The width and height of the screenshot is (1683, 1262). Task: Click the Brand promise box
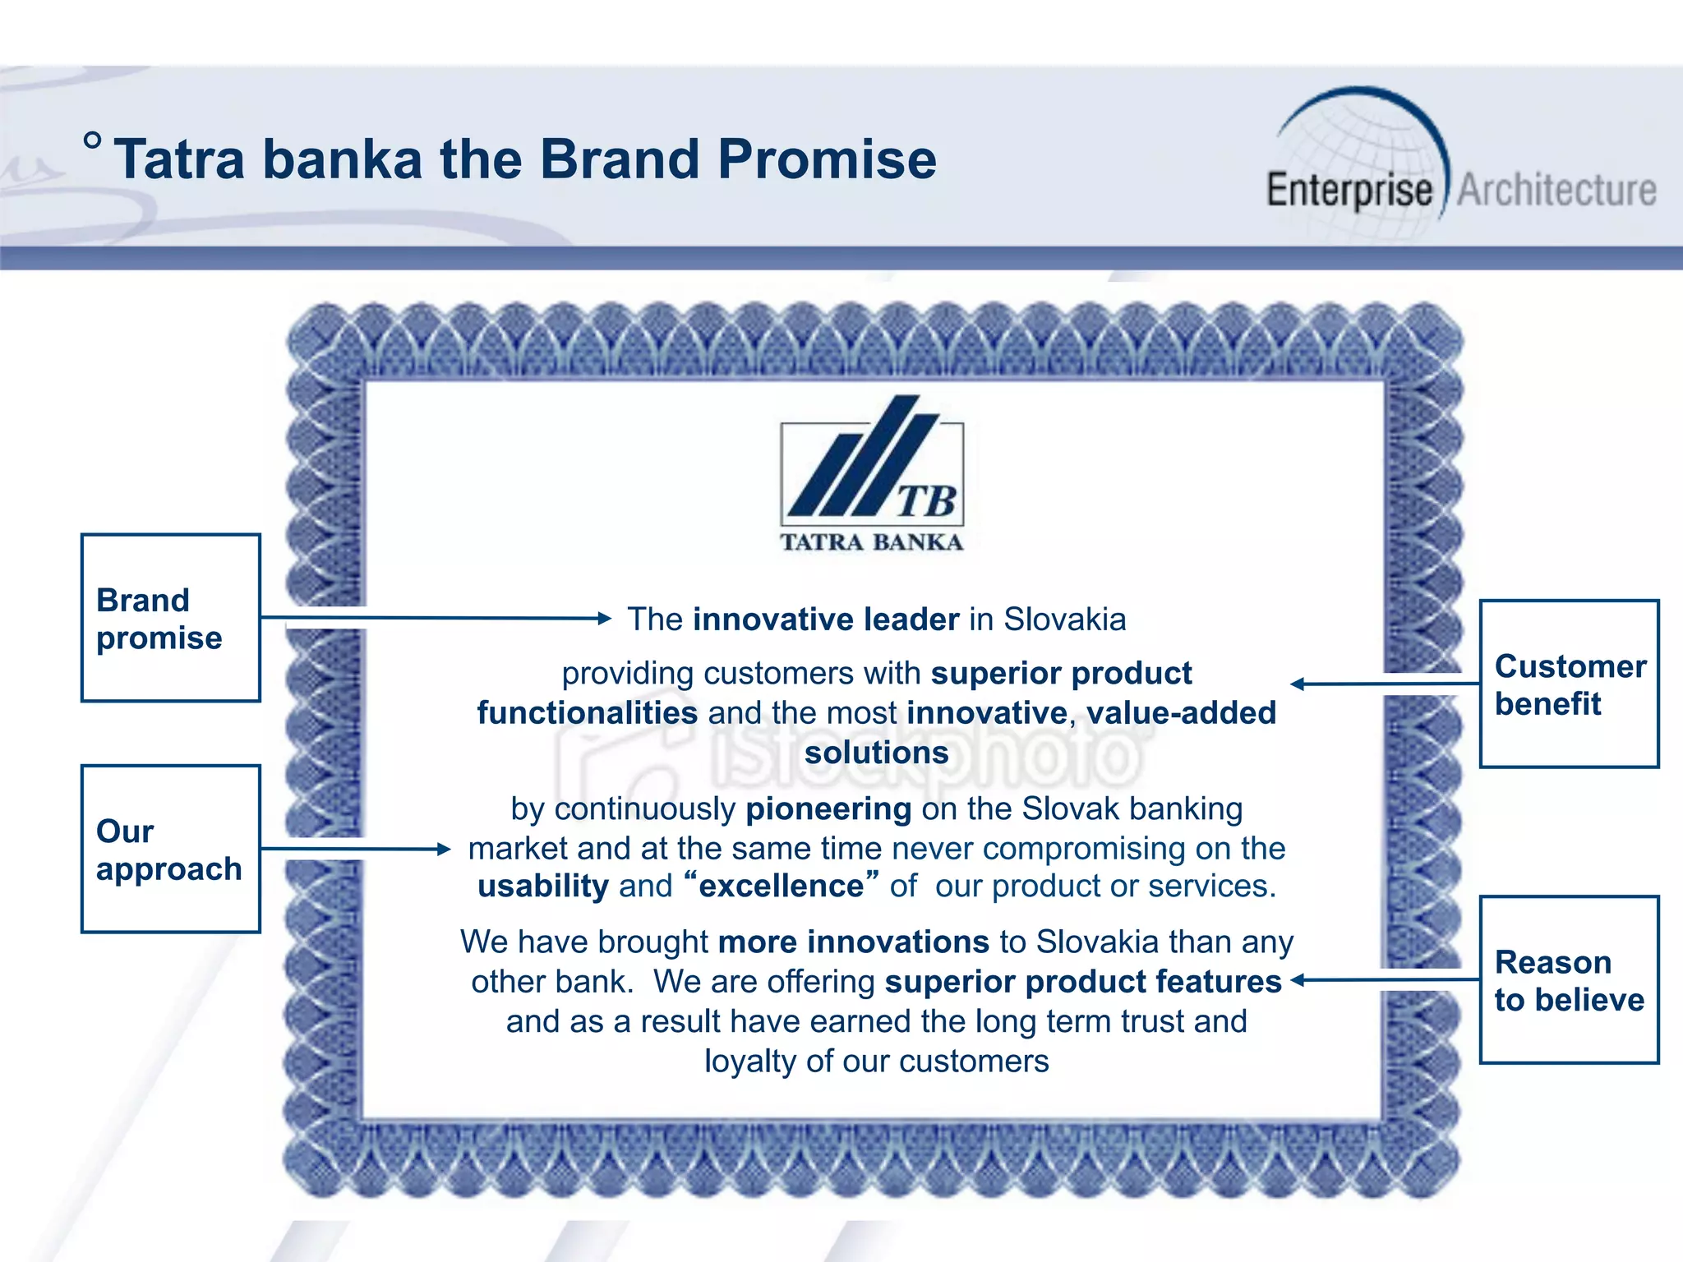[x=171, y=618]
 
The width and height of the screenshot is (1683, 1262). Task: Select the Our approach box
[x=171, y=849]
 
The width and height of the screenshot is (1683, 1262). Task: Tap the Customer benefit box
[x=1570, y=684]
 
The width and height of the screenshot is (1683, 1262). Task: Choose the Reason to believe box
[x=1570, y=979]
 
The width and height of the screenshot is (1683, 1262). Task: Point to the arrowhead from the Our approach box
[x=444, y=849]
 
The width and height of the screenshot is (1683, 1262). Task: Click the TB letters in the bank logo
[x=925, y=501]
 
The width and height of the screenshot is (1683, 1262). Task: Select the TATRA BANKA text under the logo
[x=871, y=542]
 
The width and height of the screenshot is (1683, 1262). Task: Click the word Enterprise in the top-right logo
[x=1349, y=190]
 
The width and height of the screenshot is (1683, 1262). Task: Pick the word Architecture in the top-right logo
[x=1556, y=190]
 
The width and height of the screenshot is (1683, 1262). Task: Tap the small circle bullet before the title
[x=93, y=140]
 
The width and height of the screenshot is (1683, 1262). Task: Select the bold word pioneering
[x=828, y=809]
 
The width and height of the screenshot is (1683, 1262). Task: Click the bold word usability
[x=543, y=887]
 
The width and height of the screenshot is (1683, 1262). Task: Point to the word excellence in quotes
[x=781, y=887]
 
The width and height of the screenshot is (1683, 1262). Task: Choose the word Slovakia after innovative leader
[x=1064, y=619]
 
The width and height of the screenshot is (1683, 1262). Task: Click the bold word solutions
[x=876, y=753]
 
